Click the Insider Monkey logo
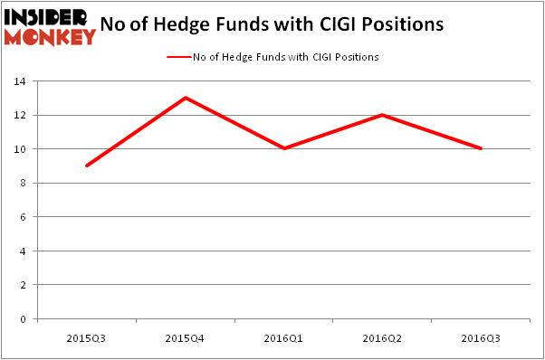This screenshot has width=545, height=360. point(50,26)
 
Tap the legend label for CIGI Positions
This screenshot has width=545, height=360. point(285,57)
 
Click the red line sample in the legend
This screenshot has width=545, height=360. point(179,57)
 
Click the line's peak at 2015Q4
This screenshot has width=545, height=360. point(185,98)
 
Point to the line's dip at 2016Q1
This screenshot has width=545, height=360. point(284,148)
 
